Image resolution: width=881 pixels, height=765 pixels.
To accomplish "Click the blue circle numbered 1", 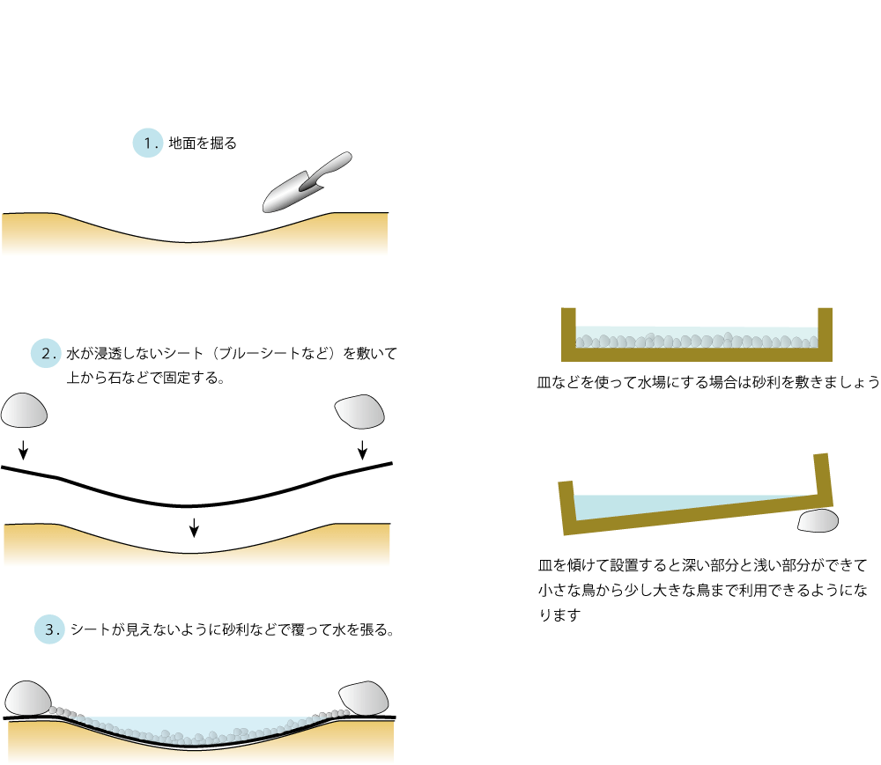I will pyautogui.click(x=147, y=143).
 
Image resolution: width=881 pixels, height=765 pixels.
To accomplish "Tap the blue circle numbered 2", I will pyautogui.click(x=46, y=354).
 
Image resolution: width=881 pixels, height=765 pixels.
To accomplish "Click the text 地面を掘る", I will pyautogui.click(x=203, y=143).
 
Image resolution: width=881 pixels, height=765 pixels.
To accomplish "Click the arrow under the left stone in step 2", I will pyautogui.click(x=24, y=449).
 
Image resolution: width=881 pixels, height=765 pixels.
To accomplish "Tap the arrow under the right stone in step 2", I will pyautogui.click(x=362, y=448).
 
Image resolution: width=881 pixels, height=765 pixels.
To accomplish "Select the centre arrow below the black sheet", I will pyautogui.click(x=194, y=526).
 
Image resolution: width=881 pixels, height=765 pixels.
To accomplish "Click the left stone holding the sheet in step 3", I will pyautogui.click(x=27, y=697).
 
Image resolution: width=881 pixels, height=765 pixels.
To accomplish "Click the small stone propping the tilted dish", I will pyautogui.click(x=818, y=521).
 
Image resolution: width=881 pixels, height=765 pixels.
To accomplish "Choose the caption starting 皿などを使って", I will pyautogui.click(x=708, y=382).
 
